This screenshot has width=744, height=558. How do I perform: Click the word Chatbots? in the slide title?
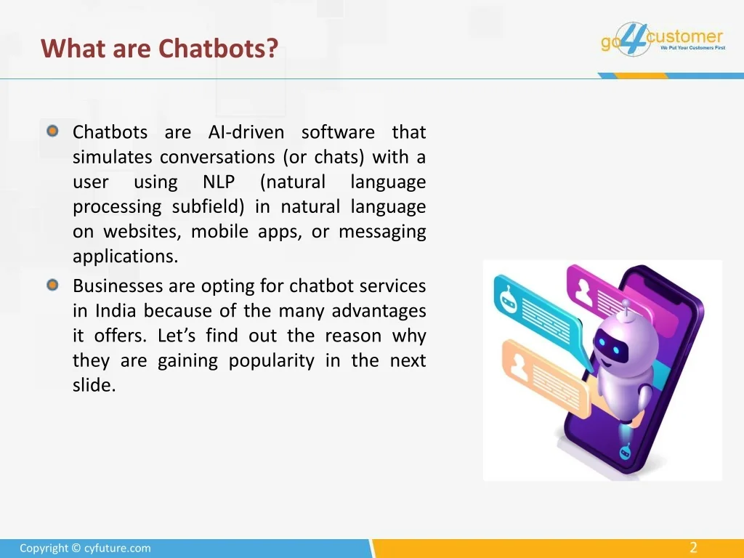pyautogui.click(x=218, y=49)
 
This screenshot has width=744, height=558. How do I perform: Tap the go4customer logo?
pyautogui.click(x=663, y=39)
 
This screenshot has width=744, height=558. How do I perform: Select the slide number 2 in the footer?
pyautogui.click(x=693, y=548)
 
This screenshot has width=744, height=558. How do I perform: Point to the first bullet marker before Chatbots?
pyautogui.click(x=52, y=131)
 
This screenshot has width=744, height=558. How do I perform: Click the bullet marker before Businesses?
pyautogui.click(x=52, y=285)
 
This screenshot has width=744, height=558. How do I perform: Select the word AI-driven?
pyautogui.click(x=246, y=132)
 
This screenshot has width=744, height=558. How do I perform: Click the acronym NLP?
pyautogui.click(x=219, y=182)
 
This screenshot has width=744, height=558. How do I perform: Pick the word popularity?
pyautogui.click(x=272, y=361)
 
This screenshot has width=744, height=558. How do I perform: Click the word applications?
pyautogui.click(x=125, y=256)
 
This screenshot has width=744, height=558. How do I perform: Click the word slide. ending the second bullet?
pyautogui.click(x=94, y=385)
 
